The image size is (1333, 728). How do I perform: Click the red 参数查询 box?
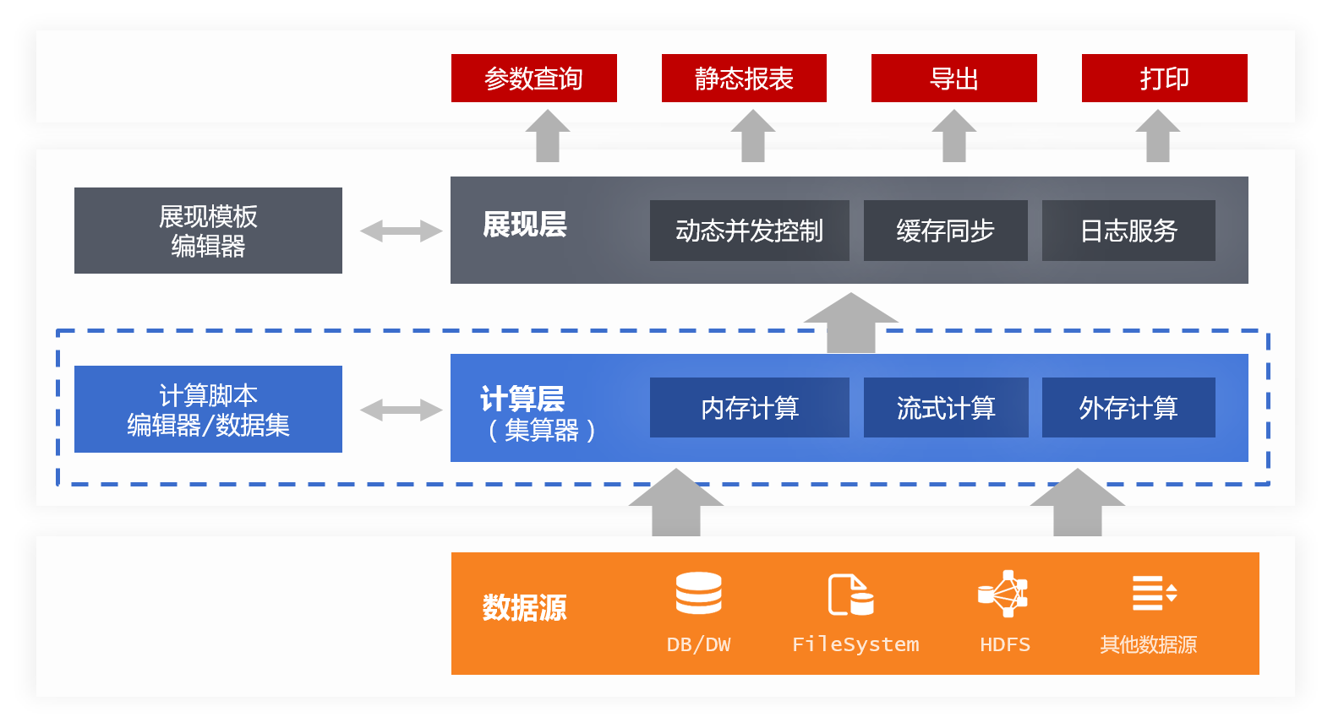point(533,79)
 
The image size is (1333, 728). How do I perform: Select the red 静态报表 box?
point(744,79)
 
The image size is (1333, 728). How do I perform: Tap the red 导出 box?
point(953,79)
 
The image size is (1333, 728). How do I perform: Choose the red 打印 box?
point(1164,79)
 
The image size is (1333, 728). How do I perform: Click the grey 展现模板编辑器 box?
point(208,231)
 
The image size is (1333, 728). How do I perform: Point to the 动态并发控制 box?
point(749,231)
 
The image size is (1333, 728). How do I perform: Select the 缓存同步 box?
point(945,231)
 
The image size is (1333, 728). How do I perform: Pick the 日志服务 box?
point(1128,231)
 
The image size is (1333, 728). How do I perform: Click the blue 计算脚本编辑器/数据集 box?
point(208,410)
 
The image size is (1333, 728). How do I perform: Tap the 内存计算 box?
point(749,408)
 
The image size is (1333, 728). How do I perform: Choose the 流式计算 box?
point(945,408)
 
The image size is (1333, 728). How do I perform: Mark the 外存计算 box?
point(1128,408)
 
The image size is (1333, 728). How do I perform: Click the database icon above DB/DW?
point(698,593)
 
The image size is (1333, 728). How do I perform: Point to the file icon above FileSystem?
point(850,595)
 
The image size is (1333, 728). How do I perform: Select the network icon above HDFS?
point(1002,594)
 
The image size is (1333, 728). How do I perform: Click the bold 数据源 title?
point(524,608)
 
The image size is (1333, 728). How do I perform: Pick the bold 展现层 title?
point(524,225)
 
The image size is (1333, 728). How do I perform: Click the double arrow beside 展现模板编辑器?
point(401,231)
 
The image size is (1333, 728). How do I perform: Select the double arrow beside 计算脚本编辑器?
point(401,410)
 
